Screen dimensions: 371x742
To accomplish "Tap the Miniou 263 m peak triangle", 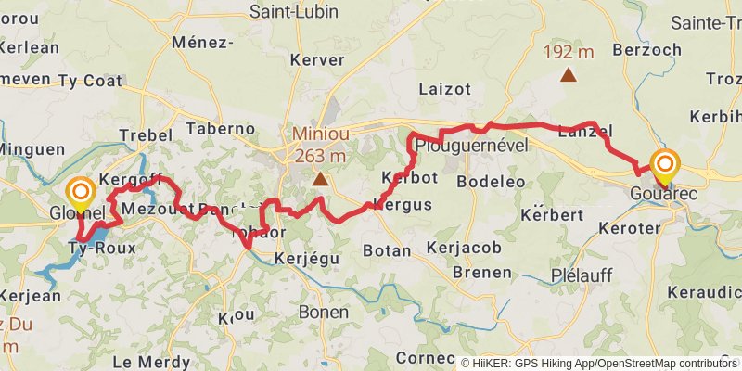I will pyautogui.click(x=320, y=178).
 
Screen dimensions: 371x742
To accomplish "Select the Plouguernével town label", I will pyautogui.click(x=471, y=146).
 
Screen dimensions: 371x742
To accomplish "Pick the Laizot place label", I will pyautogui.click(x=445, y=89).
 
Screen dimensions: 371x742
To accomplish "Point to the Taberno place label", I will pyautogui.click(x=221, y=128).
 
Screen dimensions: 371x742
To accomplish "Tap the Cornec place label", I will pyautogui.click(x=425, y=357).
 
